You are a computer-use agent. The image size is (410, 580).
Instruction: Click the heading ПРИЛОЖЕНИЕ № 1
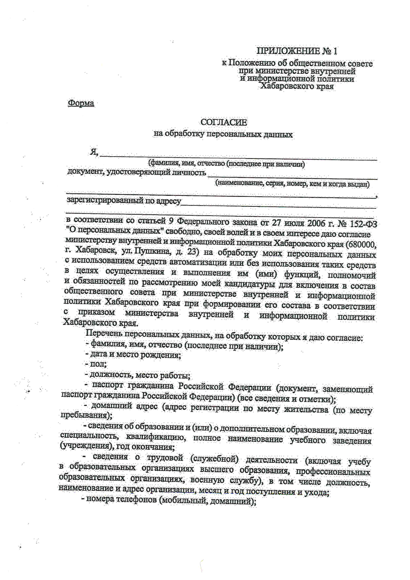[297, 51]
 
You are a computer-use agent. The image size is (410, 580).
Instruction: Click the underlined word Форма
[81, 103]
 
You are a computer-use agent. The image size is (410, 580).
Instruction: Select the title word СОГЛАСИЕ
[224, 122]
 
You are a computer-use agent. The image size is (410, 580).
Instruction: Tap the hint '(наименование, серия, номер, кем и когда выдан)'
[292, 184]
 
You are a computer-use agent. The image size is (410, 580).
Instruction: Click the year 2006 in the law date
[316, 223]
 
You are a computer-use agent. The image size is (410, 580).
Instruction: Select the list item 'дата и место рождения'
[133, 355]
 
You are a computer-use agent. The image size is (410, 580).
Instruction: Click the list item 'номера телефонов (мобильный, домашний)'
[169, 501]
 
